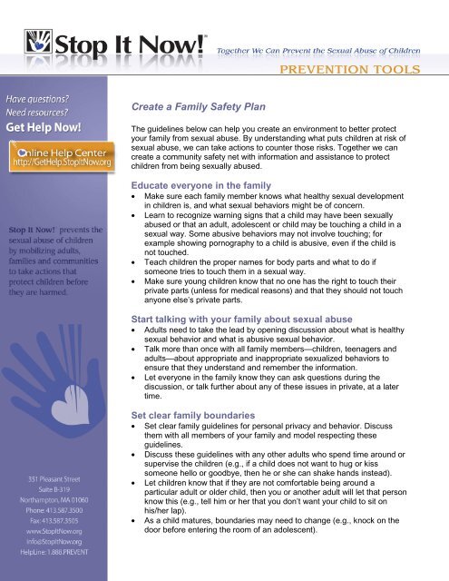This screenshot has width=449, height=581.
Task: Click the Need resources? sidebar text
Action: (42, 111)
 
